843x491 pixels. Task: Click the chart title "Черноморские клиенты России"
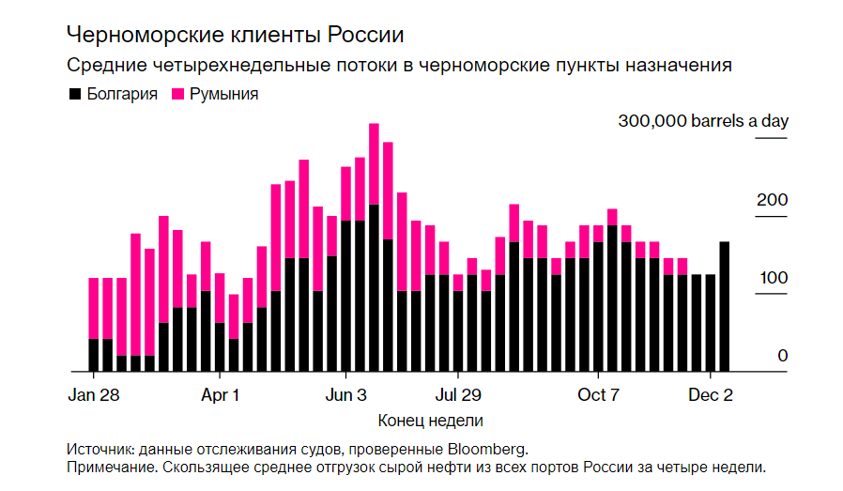point(235,36)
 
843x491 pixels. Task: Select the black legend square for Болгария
point(74,95)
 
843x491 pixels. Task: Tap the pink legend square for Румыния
point(177,95)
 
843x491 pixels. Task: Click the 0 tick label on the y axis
point(782,356)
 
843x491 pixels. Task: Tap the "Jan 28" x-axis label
point(94,394)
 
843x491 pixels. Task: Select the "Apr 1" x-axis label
point(221,394)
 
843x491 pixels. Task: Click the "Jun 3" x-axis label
point(346,394)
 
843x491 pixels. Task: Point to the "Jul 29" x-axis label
point(458,394)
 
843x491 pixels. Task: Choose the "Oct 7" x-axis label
point(598,394)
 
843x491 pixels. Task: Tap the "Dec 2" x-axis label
point(711,394)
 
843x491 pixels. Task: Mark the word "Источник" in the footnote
point(99,448)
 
